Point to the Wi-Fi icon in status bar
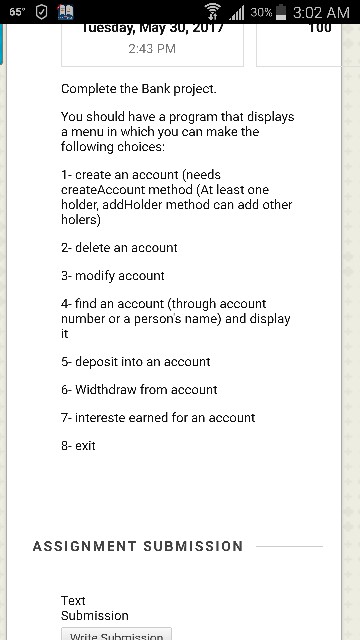tap(213, 12)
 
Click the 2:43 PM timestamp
tap(152, 48)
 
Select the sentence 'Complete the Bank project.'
tap(139, 89)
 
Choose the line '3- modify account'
tap(113, 275)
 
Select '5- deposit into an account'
tap(136, 361)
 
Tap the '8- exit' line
tap(78, 445)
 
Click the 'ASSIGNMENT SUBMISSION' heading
tap(138, 546)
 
